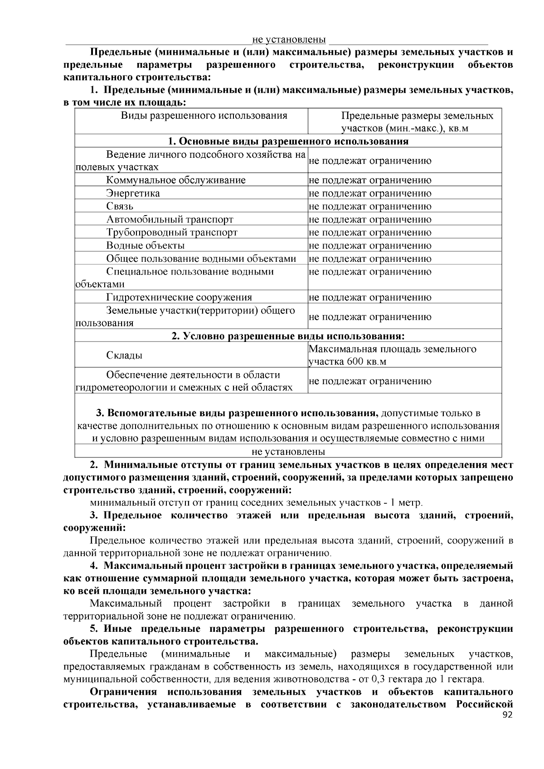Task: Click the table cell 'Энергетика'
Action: click(x=133, y=193)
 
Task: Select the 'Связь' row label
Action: click(x=120, y=207)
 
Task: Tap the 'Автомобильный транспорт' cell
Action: click(x=170, y=220)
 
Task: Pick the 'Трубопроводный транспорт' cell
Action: click(x=172, y=233)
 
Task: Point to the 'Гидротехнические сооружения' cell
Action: click(x=179, y=298)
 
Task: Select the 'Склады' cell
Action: click(x=124, y=355)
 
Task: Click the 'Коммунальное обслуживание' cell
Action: click(x=176, y=180)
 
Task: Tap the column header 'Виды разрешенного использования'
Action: click(x=204, y=115)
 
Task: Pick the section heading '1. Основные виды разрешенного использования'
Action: click(x=288, y=141)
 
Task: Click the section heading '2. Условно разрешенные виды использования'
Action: click(x=288, y=336)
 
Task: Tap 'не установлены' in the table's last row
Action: click(x=288, y=452)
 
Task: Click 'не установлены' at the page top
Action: click(x=289, y=40)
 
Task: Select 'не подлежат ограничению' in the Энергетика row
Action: click(x=370, y=193)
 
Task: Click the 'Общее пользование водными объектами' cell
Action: click(x=201, y=259)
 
